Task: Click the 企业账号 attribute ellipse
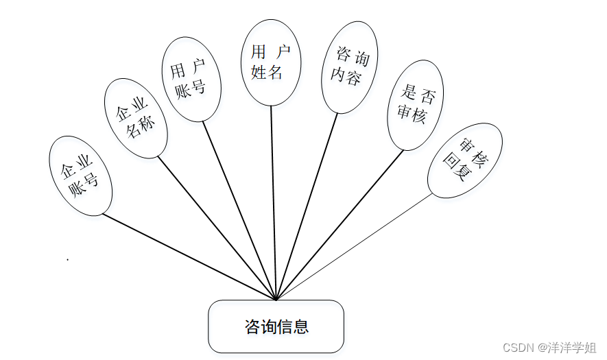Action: point(80,176)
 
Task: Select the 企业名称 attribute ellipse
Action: point(135,117)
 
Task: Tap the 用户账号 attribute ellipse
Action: point(191,79)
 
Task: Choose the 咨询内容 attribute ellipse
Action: point(349,67)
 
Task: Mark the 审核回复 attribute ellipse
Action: point(464,160)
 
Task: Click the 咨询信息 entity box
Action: point(276,326)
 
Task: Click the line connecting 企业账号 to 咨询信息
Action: point(189,257)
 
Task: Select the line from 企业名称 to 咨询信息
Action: point(217,228)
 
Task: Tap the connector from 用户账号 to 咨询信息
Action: point(239,211)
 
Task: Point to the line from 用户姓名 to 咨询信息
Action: point(273,203)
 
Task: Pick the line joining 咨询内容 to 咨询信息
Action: point(307,206)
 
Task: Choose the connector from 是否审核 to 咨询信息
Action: point(340,224)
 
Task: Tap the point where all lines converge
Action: point(276,300)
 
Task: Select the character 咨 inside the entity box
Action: point(252,327)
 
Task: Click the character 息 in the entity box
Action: point(301,327)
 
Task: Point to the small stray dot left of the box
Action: point(67,260)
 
